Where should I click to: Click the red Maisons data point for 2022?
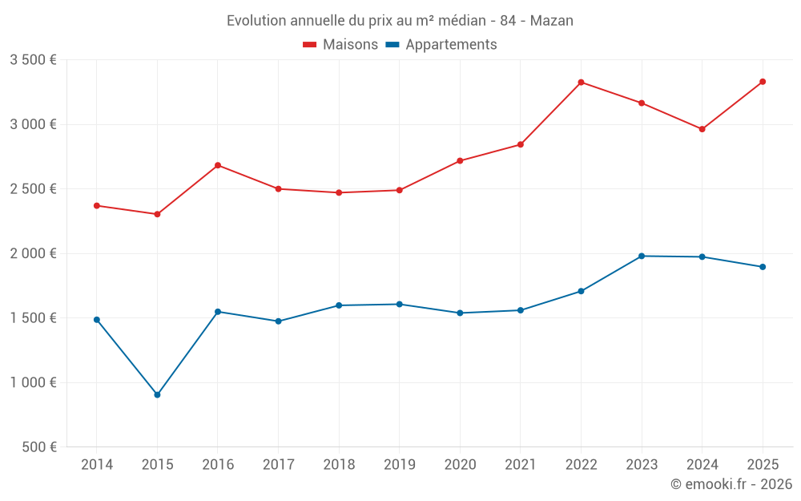point(581,83)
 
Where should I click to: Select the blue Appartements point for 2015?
point(157,394)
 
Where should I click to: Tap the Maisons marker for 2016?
point(218,165)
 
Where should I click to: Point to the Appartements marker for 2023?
point(642,256)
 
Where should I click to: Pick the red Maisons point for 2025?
point(763,82)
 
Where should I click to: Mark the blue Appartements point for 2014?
point(97,320)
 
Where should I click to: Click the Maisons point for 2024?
point(702,129)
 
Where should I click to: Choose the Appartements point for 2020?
point(460,313)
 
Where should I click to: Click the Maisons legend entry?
point(340,45)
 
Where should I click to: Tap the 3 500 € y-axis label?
point(33,60)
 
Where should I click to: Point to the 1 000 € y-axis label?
point(33,382)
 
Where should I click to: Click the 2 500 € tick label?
point(33,189)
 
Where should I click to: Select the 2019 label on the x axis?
point(399,465)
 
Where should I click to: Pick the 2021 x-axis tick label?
point(520,465)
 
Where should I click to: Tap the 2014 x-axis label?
point(97,465)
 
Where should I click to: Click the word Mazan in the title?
point(553,21)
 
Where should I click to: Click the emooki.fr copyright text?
point(731,484)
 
